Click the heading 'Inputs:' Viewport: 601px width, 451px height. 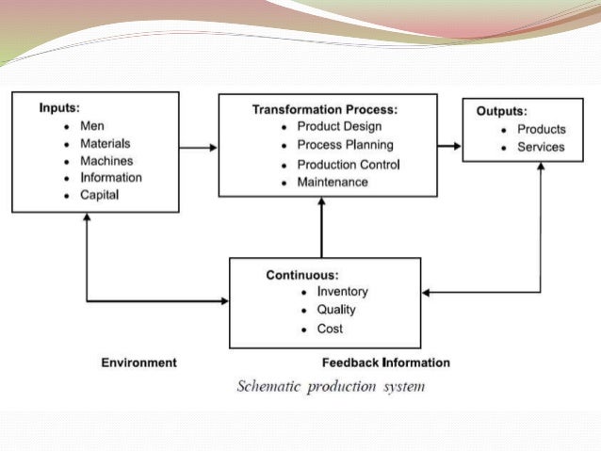point(59,107)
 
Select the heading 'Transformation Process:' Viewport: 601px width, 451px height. point(324,109)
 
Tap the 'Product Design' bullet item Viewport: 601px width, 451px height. point(336,127)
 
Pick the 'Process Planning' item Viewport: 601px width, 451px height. point(345,145)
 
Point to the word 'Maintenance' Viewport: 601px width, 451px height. point(332,182)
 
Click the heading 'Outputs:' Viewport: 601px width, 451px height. point(501,110)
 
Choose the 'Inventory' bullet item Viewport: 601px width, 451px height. point(342,292)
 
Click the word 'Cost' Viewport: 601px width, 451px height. point(330,329)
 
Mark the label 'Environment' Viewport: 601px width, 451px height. point(138,362)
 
